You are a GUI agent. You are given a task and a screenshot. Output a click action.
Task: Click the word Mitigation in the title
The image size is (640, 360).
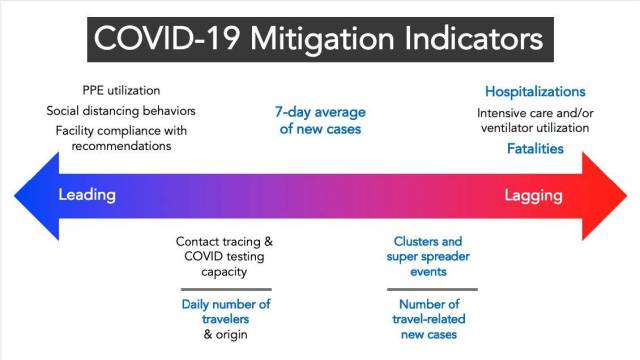[x=322, y=40]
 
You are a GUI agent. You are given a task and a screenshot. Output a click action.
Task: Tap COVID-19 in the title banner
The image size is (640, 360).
[x=167, y=39]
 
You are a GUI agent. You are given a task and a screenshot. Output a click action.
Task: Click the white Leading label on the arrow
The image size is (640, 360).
[x=87, y=195]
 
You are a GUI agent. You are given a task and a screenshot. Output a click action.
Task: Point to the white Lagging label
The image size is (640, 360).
[x=533, y=196]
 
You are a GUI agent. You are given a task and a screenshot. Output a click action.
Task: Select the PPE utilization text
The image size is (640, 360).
[x=121, y=90]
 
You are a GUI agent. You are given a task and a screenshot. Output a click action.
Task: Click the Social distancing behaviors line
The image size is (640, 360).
[x=121, y=111]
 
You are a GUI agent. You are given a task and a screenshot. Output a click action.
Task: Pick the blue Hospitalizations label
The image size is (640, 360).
[x=535, y=91]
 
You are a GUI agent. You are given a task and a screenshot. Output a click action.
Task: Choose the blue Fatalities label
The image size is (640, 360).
[x=535, y=148]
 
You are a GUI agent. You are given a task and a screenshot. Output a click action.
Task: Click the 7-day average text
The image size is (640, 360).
[x=320, y=112]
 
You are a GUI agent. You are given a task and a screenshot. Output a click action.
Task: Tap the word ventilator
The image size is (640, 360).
[x=509, y=128]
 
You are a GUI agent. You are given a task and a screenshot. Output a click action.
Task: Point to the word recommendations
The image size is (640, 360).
[x=121, y=146]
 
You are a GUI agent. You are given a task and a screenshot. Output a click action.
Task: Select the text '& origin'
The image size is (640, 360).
[x=225, y=334]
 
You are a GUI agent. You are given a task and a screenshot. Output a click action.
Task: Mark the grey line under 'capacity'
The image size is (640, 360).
[x=226, y=289]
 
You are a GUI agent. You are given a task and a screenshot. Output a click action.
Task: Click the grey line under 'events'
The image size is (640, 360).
[x=432, y=289]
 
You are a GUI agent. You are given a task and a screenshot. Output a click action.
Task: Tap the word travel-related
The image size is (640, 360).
[x=429, y=319]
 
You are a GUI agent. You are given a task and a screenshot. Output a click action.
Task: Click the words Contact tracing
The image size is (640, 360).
[x=218, y=242]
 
